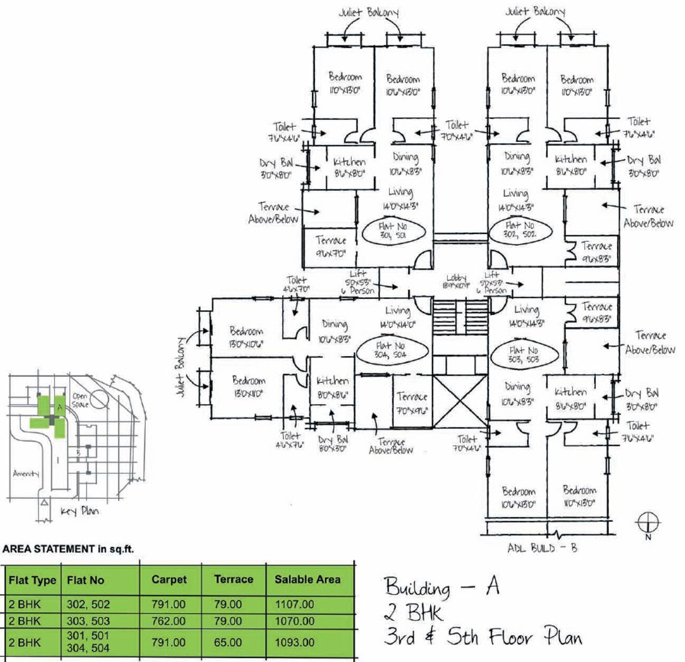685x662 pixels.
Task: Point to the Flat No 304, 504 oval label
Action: [x=392, y=349]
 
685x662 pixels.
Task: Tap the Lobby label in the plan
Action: [x=456, y=281]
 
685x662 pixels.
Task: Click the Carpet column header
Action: [x=169, y=579]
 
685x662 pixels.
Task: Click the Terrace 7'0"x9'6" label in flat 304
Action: [x=412, y=402]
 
